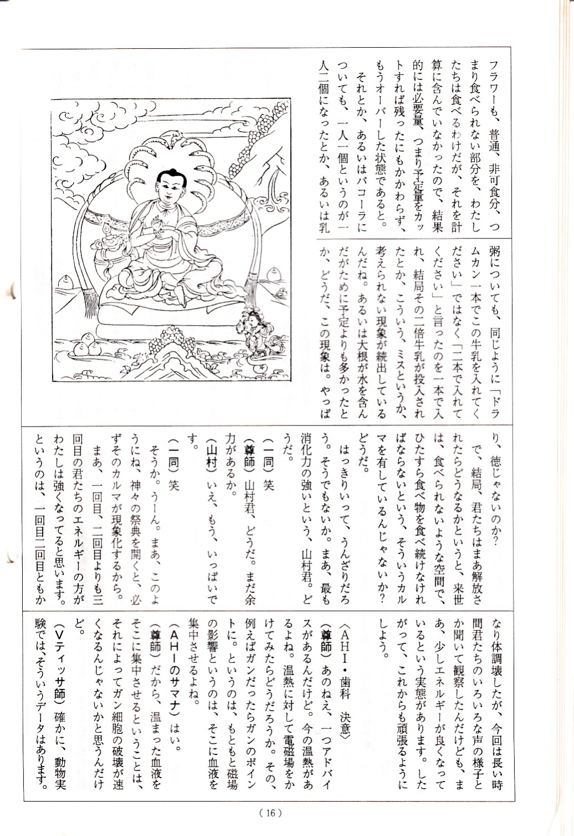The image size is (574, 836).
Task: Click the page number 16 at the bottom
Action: pos(271,813)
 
